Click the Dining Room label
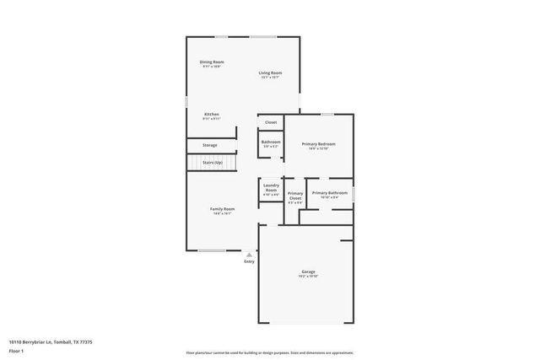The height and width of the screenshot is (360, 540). [212, 62]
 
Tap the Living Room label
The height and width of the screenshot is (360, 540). [270, 73]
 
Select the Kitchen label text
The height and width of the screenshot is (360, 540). [212, 114]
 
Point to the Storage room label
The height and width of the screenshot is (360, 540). [209, 145]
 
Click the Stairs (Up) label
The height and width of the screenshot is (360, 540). [212, 162]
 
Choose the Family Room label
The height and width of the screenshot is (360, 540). [222, 208]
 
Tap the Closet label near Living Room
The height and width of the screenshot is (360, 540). [271, 122]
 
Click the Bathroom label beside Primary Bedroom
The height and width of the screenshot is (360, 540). [271, 142]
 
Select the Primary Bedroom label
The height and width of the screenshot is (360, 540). [319, 144]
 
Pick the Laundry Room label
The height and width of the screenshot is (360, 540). [271, 187]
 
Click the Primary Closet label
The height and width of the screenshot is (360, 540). [294, 196]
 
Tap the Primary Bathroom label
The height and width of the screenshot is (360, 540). [330, 193]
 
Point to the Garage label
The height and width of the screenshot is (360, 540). [308, 271]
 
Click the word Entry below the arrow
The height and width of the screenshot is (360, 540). [249, 261]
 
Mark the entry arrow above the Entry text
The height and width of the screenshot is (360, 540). [249, 253]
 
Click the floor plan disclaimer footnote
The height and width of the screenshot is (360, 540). [269, 352]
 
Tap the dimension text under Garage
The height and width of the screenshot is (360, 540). [308, 277]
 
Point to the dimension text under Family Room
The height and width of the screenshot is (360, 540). [222, 213]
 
